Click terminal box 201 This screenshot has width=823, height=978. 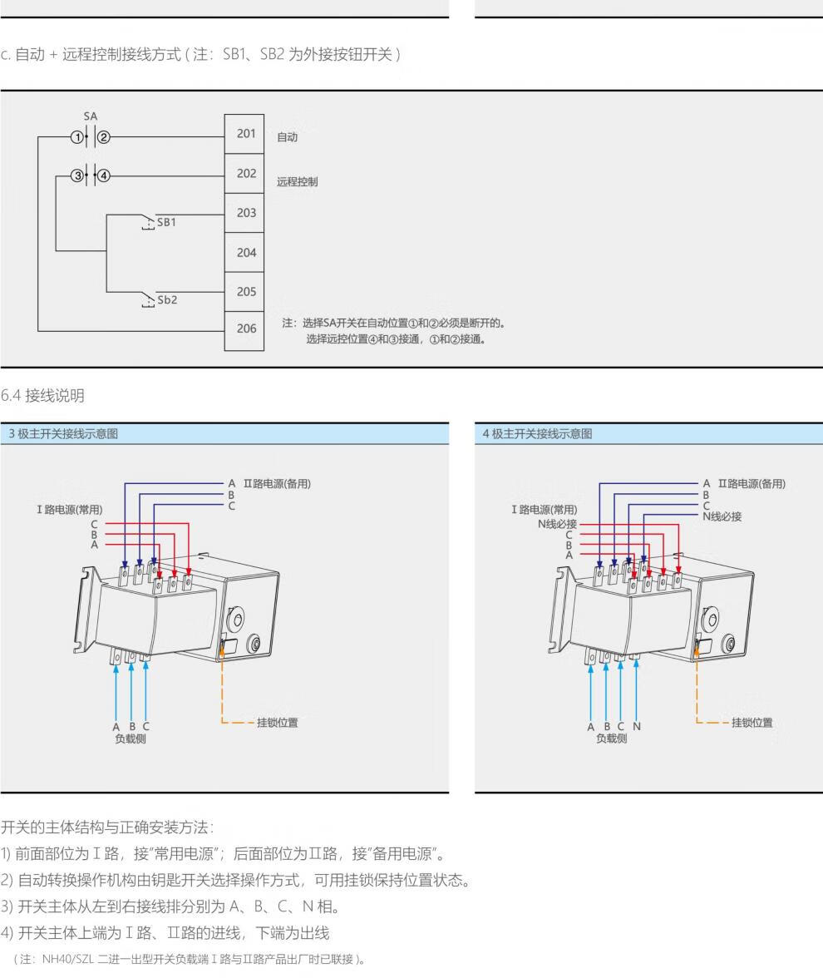[x=245, y=134]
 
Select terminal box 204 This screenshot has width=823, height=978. [x=245, y=253]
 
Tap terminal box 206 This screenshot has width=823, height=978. [x=245, y=328]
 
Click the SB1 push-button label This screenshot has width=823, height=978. [x=166, y=223]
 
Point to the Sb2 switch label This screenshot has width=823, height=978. [x=167, y=299]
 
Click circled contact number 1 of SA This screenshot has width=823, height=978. [x=76, y=137]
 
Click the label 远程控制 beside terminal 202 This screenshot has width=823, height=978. [x=297, y=181]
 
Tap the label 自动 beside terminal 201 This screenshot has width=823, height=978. [x=287, y=137]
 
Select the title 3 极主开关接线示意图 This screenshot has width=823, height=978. [x=63, y=433]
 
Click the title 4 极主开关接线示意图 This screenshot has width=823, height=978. [x=538, y=433]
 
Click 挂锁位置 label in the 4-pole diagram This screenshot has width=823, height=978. [x=752, y=723]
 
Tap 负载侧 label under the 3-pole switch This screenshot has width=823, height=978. [x=131, y=738]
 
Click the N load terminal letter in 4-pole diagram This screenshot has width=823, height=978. [x=637, y=726]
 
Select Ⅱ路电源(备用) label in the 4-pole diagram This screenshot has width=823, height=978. [x=752, y=484]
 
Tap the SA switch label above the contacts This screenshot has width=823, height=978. [x=90, y=117]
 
